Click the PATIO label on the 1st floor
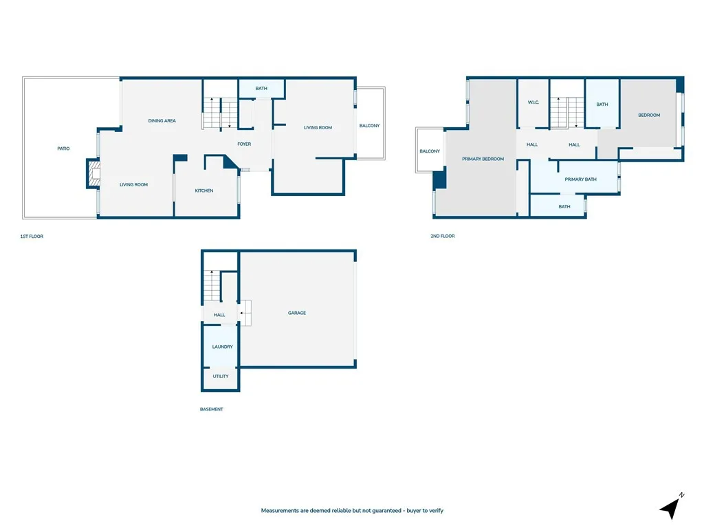[x=63, y=148]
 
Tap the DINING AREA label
[x=162, y=121]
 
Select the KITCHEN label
[x=204, y=190]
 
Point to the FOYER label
[x=244, y=144]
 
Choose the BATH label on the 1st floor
[x=261, y=89]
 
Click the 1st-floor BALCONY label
[x=369, y=126]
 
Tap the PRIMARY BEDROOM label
[x=483, y=159]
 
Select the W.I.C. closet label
[x=533, y=103]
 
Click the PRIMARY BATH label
[x=580, y=179]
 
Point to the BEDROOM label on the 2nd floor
[x=649, y=115]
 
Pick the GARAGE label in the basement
[x=297, y=313]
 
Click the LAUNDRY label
[x=222, y=347]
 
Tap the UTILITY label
[x=221, y=377]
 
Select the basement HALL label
[x=219, y=315]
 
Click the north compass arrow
[x=670, y=507]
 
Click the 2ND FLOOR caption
[x=442, y=236]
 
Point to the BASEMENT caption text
[x=212, y=410]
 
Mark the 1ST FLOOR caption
[x=32, y=236]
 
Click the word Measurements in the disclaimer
[x=280, y=511]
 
